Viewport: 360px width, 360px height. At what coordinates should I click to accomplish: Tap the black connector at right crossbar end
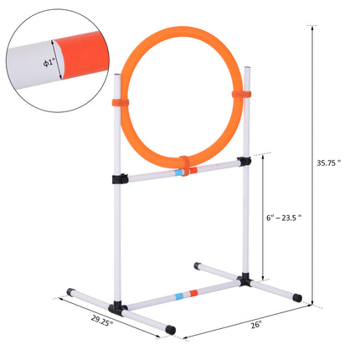click(244, 162)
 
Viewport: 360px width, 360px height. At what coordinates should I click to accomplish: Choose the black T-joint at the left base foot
click(117, 307)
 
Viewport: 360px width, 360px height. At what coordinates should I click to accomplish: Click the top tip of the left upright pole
click(117, 77)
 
